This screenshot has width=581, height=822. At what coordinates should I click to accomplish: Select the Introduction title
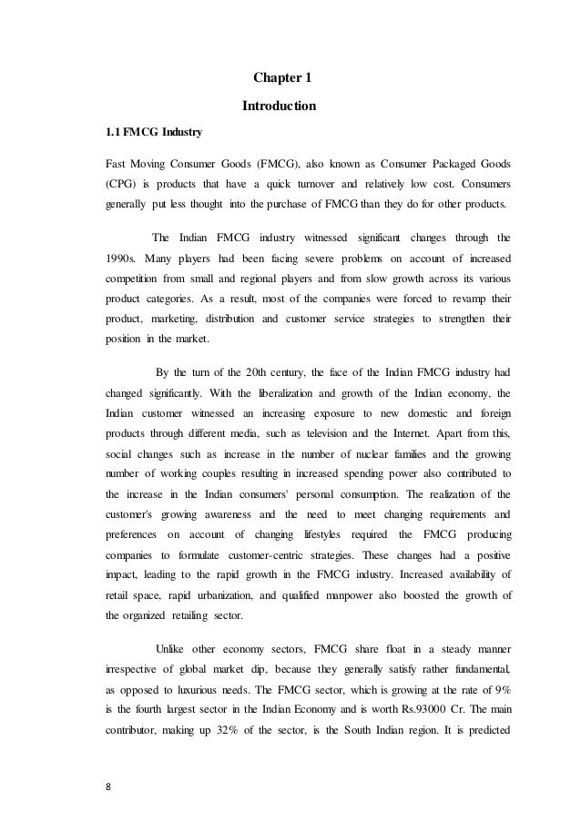[x=279, y=107]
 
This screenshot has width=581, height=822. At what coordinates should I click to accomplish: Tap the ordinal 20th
[x=277, y=371]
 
